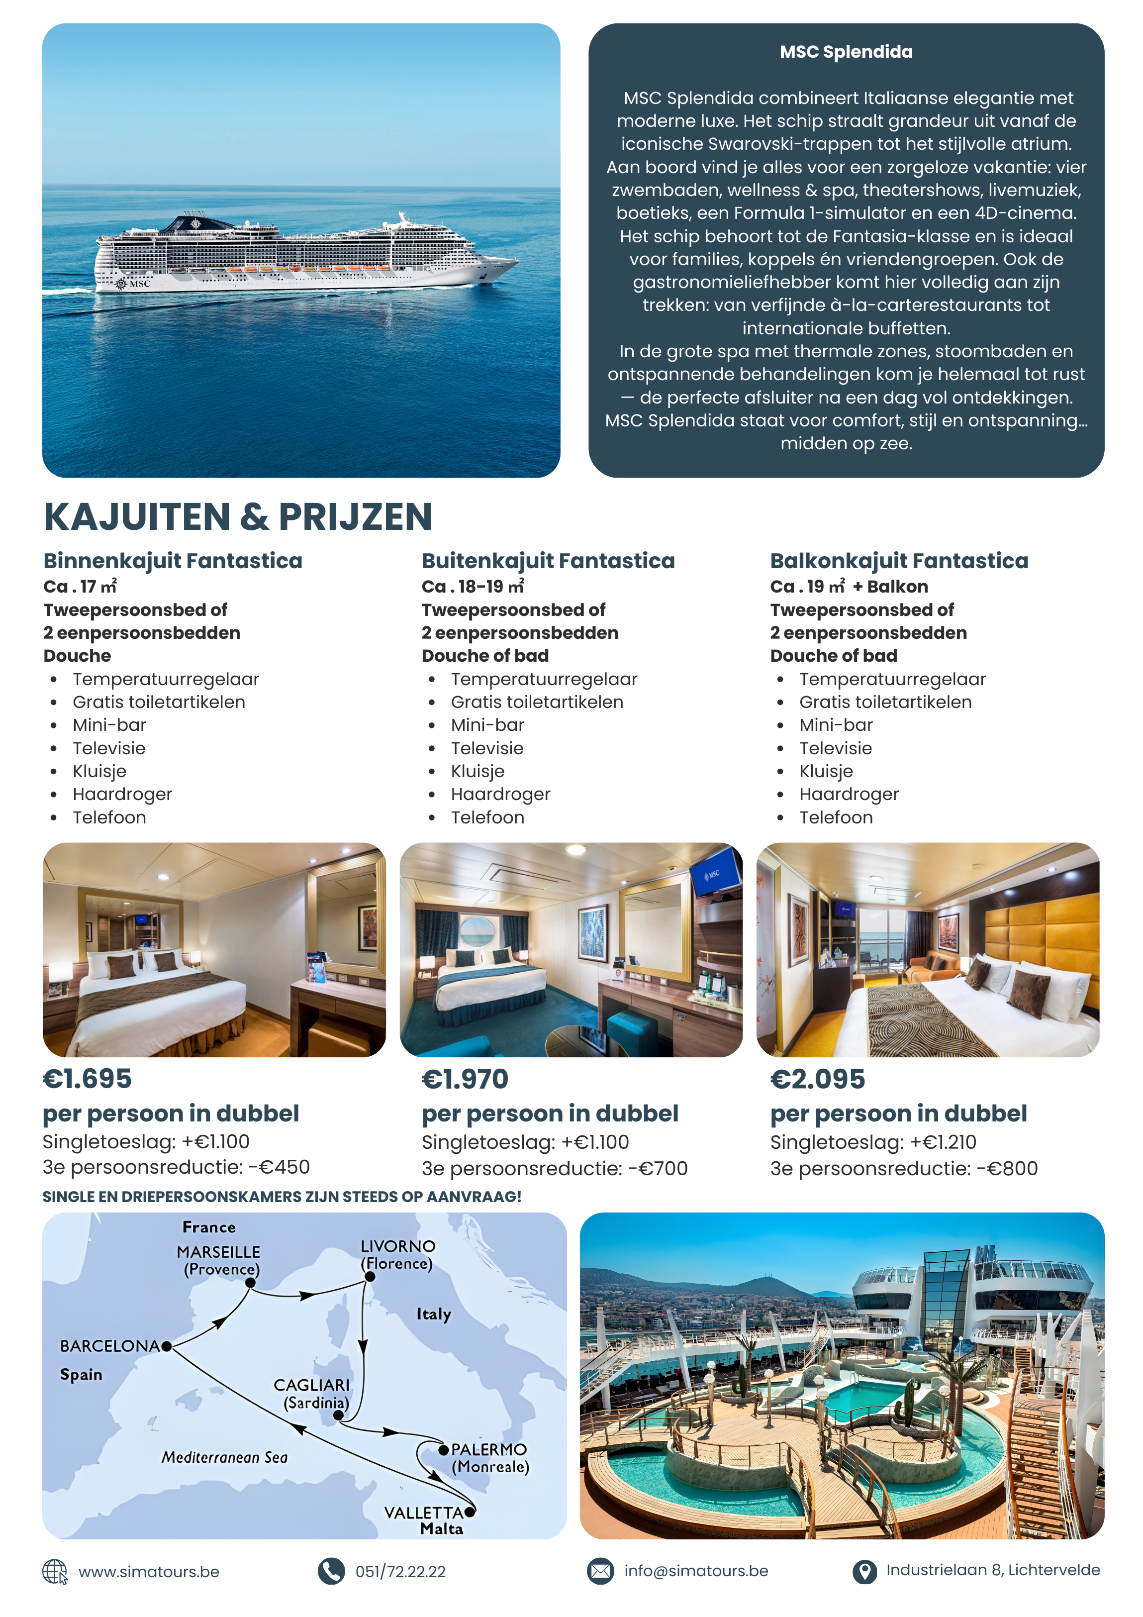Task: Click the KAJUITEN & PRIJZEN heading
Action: point(238,517)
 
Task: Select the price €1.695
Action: point(88,1078)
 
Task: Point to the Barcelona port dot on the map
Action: point(166,1346)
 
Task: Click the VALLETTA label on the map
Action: point(423,1512)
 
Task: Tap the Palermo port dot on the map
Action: point(444,1449)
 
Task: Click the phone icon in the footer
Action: point(331,1571)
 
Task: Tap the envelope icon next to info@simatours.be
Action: point(600,1571)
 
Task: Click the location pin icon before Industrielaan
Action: point(864,1571)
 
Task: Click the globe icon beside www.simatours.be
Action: point(54,1571)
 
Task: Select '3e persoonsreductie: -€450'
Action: point(176,1167)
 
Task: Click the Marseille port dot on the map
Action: point(250,1283)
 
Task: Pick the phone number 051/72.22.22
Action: point(400,1571)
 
